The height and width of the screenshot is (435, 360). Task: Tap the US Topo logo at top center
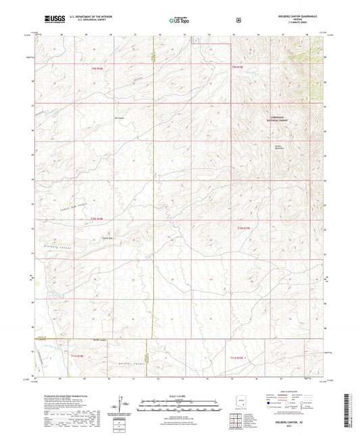coord(178,20)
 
